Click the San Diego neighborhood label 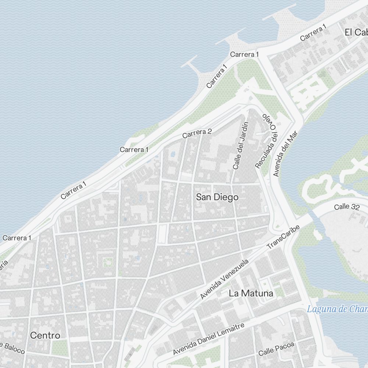click(217, 197)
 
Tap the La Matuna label click(251, 293)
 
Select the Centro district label click(45, 335)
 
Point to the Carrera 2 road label click(197, 133)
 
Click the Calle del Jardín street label click(241, 145)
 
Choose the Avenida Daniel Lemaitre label click(208, 339)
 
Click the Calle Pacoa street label click(276, 349)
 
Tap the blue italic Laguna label click(337, 309)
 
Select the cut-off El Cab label click(356, 32)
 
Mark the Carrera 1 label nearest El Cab click(313, 33)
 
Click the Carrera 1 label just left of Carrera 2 click(134, 149)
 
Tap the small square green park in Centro click(107, 262)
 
